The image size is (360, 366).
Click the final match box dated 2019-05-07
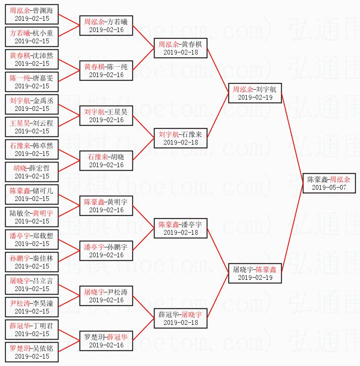[x=329, y=183]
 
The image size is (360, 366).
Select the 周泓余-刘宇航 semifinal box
[x=255, y=93]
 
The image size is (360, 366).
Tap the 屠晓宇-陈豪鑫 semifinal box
[x=255, y=273]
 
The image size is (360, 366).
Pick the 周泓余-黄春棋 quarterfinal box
[x=180, y=48]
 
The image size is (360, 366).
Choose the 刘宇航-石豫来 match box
[x=180, y=138]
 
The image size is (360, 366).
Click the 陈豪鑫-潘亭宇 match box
[x=180, y=228]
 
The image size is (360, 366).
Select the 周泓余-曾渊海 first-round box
[x=32, y=14]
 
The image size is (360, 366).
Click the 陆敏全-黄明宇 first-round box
[x=32, y=217]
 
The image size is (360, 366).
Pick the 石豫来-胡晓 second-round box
[x=106, y=161]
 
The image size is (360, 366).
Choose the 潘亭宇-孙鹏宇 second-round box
[x=106, y=251]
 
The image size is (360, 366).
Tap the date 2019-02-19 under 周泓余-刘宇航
[x=255, y=97]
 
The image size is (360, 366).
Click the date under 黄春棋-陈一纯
[x=106, y=75]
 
